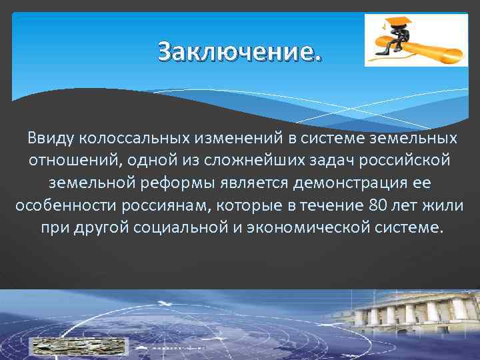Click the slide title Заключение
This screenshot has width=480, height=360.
point(239,51)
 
